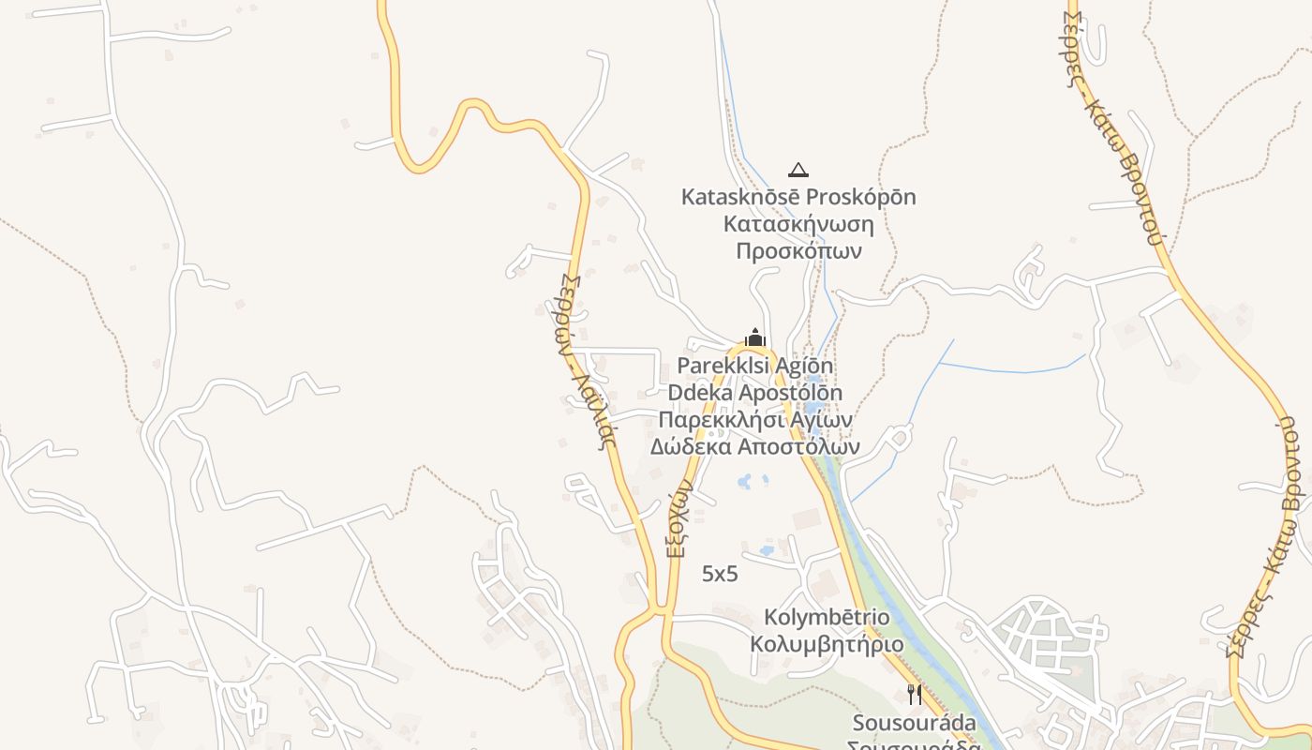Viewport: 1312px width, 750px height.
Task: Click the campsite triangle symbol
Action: point(798,170)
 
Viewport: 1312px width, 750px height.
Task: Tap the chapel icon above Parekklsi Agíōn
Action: point(755,337)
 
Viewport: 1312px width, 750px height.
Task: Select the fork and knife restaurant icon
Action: point(915,695)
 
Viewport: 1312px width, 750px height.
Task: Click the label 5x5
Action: point(720,575)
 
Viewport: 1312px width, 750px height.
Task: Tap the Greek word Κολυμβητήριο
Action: point(827,645)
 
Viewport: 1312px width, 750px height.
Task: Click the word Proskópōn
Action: point(857,198)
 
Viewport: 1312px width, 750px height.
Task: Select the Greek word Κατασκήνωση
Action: point(798,225)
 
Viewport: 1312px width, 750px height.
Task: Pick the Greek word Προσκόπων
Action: point(798,251)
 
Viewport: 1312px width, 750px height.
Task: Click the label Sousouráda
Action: point(914,723)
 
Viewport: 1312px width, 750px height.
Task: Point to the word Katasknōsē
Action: point(737,198)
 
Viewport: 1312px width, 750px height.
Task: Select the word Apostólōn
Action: point(789,393)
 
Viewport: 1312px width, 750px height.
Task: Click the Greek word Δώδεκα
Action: point(691,446)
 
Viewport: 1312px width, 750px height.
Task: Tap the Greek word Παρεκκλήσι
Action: point(719,419)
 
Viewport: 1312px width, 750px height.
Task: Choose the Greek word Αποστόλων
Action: point(798,446)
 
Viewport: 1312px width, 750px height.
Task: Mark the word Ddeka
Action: point(698,393)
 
